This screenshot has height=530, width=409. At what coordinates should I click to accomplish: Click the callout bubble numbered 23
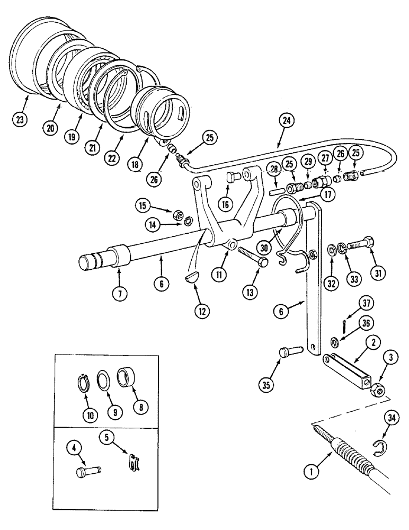(20, 119)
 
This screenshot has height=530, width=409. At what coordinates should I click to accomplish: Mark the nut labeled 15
(179, 215)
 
